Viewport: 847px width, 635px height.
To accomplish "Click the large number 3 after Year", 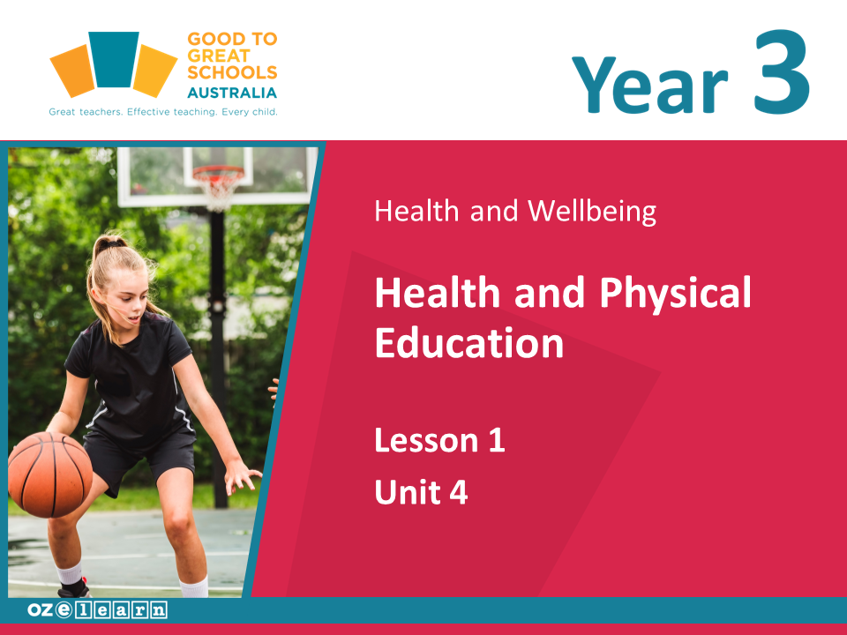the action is click(782, 71).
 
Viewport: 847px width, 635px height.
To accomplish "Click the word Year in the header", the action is click(650, 85).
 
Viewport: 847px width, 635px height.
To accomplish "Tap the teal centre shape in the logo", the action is click(114, 59).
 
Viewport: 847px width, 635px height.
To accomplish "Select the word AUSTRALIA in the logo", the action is click(232, 93).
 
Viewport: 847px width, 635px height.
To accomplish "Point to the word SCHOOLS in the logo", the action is click(232, 72).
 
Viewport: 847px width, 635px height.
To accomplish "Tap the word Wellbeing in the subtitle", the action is click(592, 211).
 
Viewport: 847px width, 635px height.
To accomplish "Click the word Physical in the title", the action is click(675, 293).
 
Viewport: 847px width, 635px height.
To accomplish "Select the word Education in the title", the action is click(468, 342).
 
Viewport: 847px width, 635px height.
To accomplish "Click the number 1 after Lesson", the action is click(497, 440).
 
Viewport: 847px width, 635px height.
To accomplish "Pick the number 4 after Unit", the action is click(459, 492).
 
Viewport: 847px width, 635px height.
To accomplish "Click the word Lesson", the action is click(427, 440).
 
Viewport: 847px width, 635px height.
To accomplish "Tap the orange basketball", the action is click(49, 474).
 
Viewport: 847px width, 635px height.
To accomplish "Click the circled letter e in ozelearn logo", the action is click(64, 609).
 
